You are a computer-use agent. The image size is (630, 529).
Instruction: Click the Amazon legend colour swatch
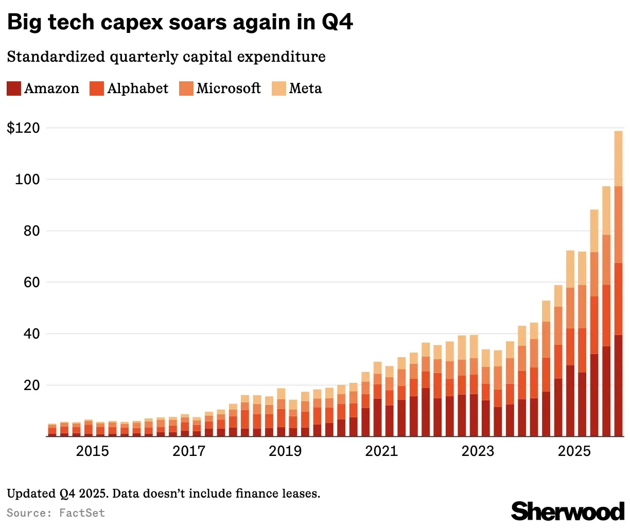pos(14,89)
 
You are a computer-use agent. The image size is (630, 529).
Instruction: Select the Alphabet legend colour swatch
pos(97,89)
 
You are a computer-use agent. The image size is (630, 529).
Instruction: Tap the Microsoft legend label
pos(229,89)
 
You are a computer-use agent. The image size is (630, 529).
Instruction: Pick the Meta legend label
pos(305,89)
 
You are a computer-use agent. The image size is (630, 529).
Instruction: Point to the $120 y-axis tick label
pos(24,128)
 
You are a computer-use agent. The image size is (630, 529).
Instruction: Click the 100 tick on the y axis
pos(27,180)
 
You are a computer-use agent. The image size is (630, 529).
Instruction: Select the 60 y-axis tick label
pos(32,283)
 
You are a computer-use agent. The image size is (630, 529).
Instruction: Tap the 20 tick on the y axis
pos(32,385)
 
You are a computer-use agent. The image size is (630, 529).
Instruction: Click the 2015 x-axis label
pos(92,451)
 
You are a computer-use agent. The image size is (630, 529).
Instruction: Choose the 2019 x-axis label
pos(285,451)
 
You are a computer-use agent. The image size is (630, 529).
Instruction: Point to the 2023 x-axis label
pos(478,451)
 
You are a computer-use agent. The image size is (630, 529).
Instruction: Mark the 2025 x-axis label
pos(574,451)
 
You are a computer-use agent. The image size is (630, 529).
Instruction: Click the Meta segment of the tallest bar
pos(618,158)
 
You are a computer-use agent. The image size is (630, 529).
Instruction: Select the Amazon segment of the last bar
pos(618,385)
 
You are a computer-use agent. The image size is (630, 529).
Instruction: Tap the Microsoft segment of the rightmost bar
pos(618,225)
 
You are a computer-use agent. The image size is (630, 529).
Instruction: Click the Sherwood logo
pos(568,511)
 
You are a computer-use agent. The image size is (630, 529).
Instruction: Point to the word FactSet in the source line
pos(82,513)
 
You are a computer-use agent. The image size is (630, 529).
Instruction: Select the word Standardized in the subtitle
pos(56,57)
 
